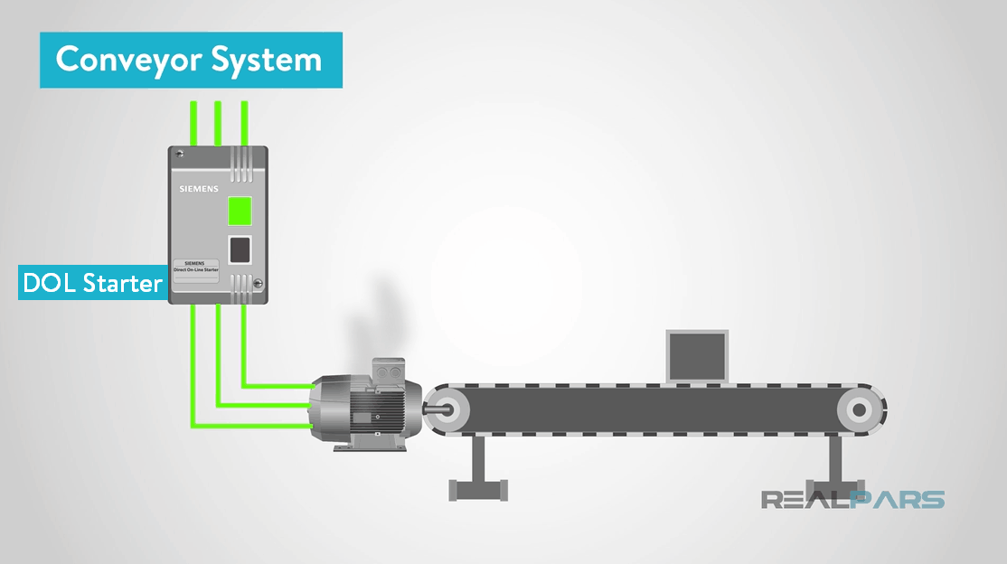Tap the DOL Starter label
click(92, 283)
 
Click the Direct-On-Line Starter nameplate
click(197, 268)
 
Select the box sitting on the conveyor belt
click(696, 356)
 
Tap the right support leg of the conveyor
click(831, 471)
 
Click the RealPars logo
click(852, 499)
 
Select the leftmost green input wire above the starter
click(193, 124)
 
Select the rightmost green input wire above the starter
click(244, 124)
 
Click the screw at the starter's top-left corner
click(180, 153)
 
